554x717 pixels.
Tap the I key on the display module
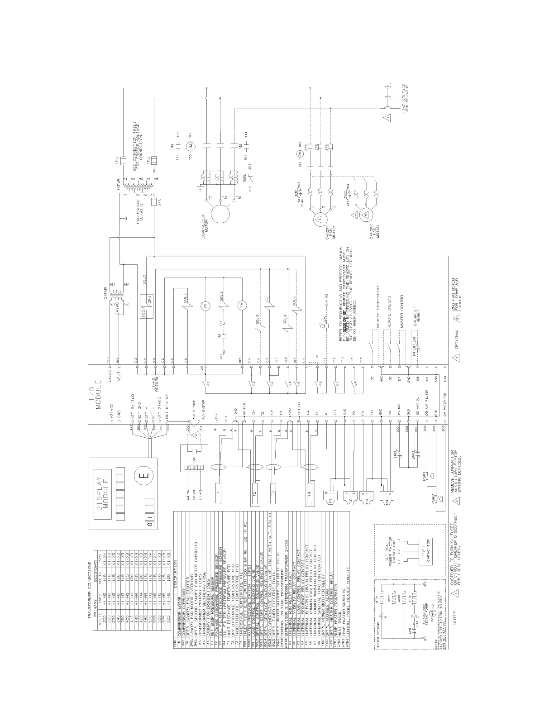tap(149, 523)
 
